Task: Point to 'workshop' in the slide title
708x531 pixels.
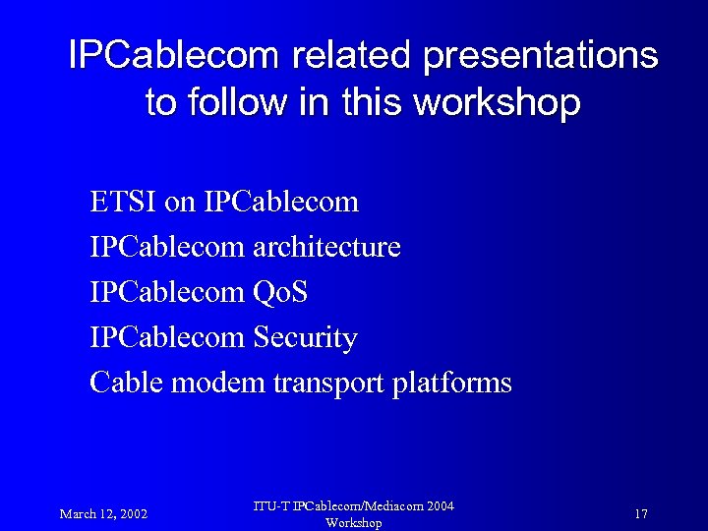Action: tap(498, 101)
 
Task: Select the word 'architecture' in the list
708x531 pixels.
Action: tap(326, 247)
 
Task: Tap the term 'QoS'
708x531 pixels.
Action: tap(280, 292)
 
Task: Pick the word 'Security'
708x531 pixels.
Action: tap(305, 337)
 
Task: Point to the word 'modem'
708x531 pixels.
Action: tap(217, 382)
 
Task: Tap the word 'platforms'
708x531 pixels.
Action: tap(451, 382)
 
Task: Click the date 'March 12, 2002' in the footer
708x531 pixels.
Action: tap(103, 513)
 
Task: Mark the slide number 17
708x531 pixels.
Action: tap(640, 513)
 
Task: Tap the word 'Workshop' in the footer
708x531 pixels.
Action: tap(353, 523)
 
